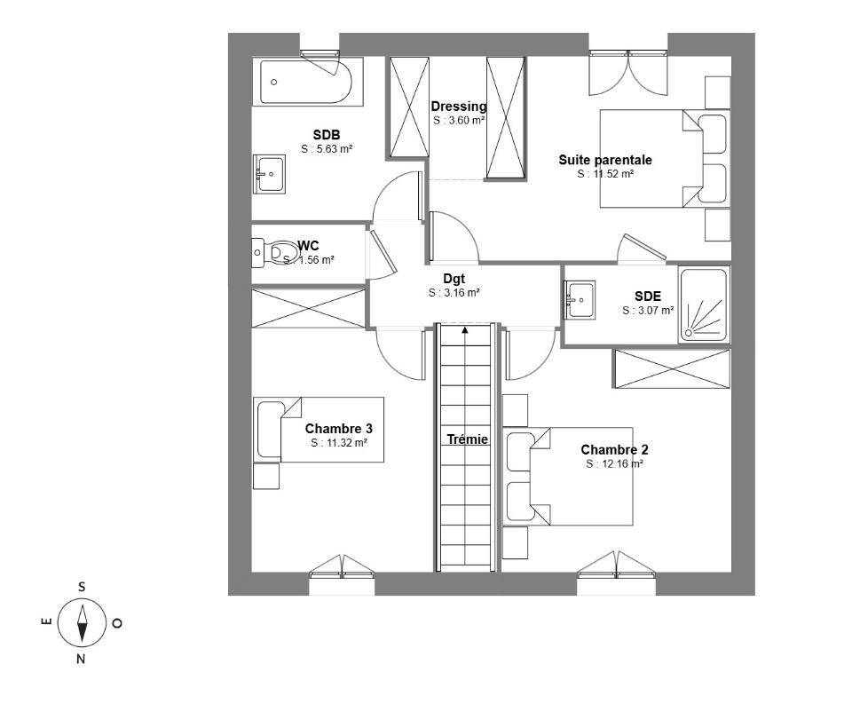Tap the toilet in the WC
(x=276, y=253)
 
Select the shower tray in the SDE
(x=704, y=305)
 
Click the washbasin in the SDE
(x=580, y=299)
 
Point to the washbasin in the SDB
(x=269, y=174)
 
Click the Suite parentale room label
(x=605, y=160)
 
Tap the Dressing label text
(x=459, y=106)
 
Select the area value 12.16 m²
(x=614, y=463)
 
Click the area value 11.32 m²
(x=339, y=443)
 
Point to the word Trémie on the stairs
(x=468, y=439)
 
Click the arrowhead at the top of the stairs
(x=465, y=328)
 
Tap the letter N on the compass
(x=81, y=660)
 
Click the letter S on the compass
(x=82, y=587)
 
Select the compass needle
(x=82, y=623)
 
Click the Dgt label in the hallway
(x=454, y=279)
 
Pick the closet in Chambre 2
(x=672, y=368)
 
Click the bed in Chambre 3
(x=319, y=430)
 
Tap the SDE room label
(x=648, y=297)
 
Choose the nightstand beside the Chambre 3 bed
(x=266, y=476)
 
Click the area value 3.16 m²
(x=454, y=293)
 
